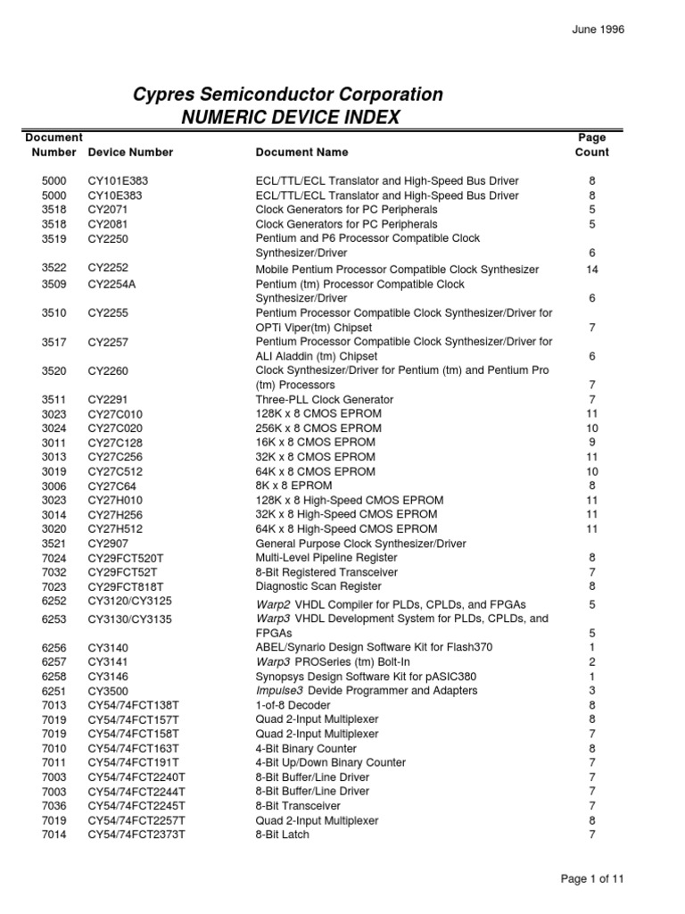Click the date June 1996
coord(598,29)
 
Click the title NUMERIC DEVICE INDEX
coord(291,117)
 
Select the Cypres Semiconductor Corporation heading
coord(287,95)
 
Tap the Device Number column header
coord(130,153)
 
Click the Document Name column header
coord(301,153)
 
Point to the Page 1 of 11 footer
coord(592,878)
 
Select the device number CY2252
coord(106,268)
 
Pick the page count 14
coord(592,269)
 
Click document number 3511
coord(54,399)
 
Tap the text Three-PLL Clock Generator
coord(324,399)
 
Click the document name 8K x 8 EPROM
coord(293,486)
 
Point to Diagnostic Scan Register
coord(318,586)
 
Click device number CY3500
coord(106,690)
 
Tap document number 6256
coord(54,647)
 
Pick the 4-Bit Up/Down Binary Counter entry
coord(330,762)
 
